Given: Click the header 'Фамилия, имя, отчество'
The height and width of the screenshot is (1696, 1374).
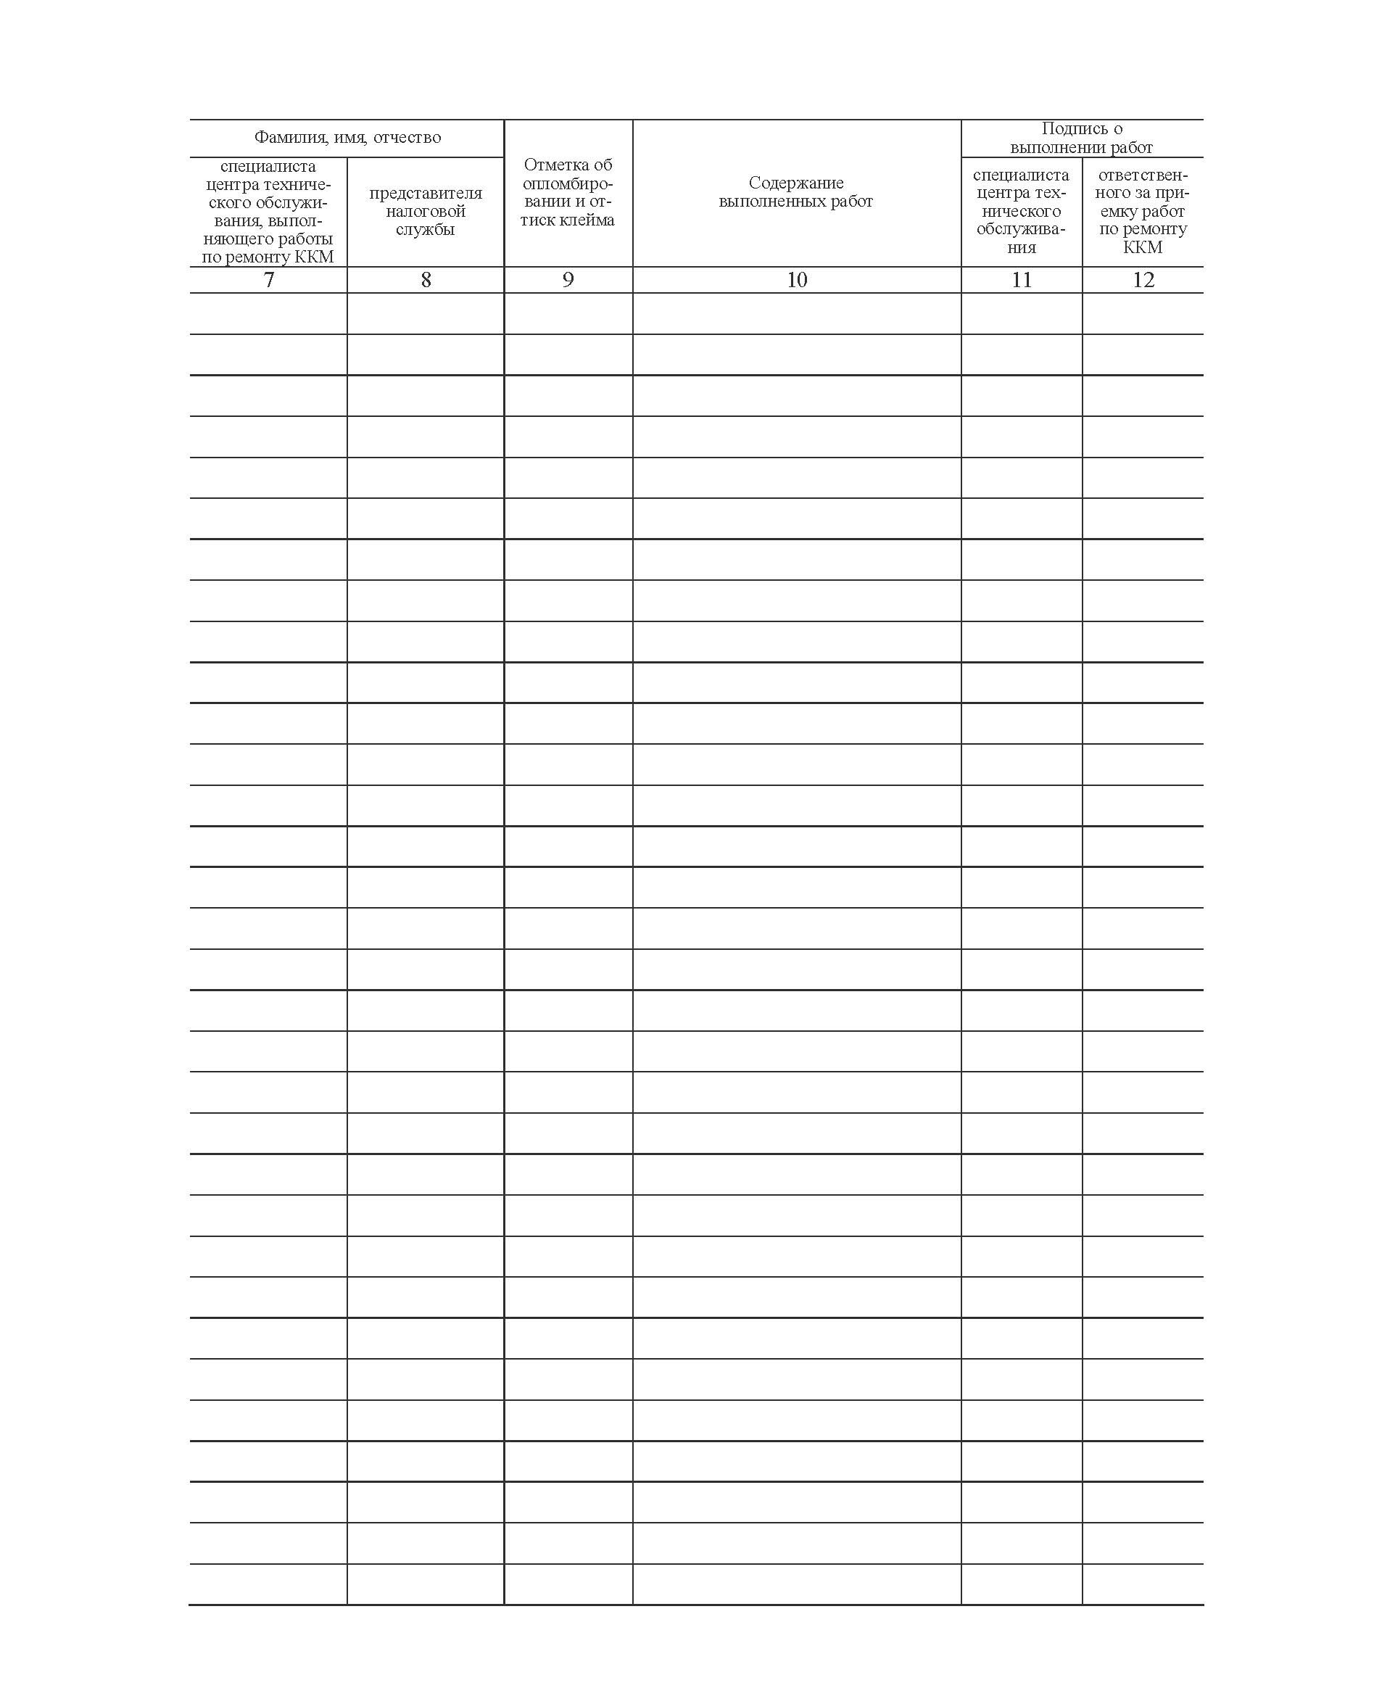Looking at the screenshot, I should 347,138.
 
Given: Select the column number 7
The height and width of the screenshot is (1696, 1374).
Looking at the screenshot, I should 268,279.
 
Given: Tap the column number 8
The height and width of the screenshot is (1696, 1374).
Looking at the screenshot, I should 426,279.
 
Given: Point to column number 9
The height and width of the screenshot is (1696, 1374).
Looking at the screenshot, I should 568,279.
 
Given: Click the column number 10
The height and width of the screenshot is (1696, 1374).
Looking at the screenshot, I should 796,279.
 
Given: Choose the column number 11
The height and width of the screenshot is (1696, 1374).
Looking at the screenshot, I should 1021,279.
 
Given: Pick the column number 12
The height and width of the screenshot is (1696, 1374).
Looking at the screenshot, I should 1143,279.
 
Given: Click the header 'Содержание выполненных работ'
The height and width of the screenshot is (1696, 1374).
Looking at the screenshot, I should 795,192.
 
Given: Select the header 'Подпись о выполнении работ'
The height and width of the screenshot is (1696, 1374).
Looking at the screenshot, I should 1081,138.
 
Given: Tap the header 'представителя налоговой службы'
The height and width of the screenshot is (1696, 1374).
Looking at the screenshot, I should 425,211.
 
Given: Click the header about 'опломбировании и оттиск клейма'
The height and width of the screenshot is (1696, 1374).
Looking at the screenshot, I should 568,192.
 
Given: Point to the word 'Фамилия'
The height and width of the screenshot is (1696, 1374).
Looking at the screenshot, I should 283,138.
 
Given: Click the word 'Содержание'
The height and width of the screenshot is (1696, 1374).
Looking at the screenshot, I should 795,183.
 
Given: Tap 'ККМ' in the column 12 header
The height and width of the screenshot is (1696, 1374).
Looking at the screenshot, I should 1142,248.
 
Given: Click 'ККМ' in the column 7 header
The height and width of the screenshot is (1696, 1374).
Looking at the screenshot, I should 314,257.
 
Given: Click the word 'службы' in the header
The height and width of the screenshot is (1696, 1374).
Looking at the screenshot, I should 425,230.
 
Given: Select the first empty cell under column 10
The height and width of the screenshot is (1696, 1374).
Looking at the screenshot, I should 796,313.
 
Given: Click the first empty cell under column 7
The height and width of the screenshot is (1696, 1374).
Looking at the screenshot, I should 268,313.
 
